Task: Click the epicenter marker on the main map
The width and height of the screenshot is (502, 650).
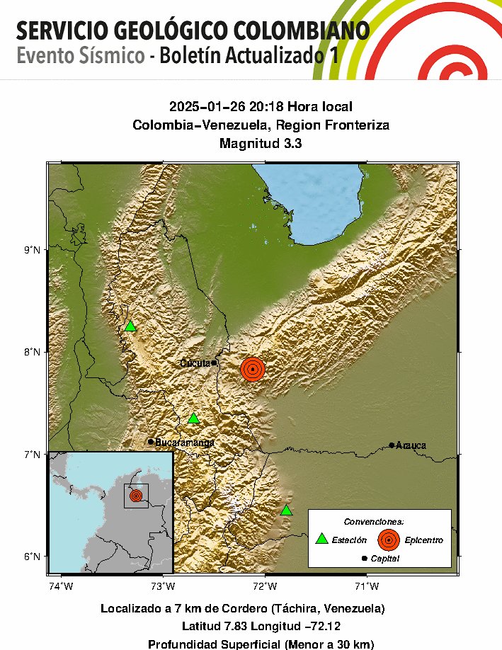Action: tap(252, 369)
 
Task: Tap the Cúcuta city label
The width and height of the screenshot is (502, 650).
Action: tap(195, 363)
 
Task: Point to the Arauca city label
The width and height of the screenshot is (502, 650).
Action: tap(411, 445)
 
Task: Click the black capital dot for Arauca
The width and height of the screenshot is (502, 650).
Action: tap(392, 445)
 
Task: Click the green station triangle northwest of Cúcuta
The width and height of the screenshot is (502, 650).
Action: tap(130, 326)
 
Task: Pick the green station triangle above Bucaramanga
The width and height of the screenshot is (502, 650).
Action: tap(193, 418)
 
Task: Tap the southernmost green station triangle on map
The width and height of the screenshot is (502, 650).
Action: tap(286, 511)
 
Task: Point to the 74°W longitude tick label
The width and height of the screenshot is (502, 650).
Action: tap(61, 585)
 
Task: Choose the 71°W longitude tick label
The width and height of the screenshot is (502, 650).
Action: tap(366, 585)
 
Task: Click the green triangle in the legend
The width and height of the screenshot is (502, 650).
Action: tap(321, 540)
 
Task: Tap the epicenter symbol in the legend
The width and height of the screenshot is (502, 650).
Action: tap(388, 540)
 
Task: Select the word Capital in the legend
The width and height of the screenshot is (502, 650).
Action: tap(385, 559)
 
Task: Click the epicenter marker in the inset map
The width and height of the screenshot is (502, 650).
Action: tap(136, 496)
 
